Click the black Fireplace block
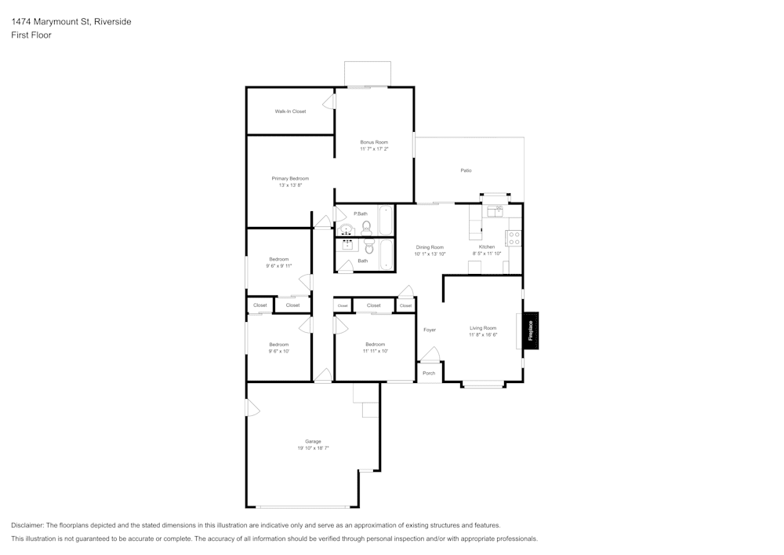pos(531,330)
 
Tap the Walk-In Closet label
pos(290,111)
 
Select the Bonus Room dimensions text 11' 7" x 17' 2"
pos(374,148)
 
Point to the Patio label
pos(466,170)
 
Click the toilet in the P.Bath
pos(366,228)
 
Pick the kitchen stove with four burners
pos(514,238)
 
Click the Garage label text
pos(313,441)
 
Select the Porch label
pos(429,373)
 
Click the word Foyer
pos(430,330)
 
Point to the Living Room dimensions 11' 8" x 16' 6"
pos(483,334)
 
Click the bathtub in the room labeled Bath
pos(387,254)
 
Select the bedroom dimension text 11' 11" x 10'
pos(375,351)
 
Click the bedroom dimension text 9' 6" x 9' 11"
pos(279,266)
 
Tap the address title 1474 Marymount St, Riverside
pos(71,22)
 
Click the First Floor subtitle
pos(31,35)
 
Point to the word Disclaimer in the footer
pos(27,525)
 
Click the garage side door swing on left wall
pos(252,408)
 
